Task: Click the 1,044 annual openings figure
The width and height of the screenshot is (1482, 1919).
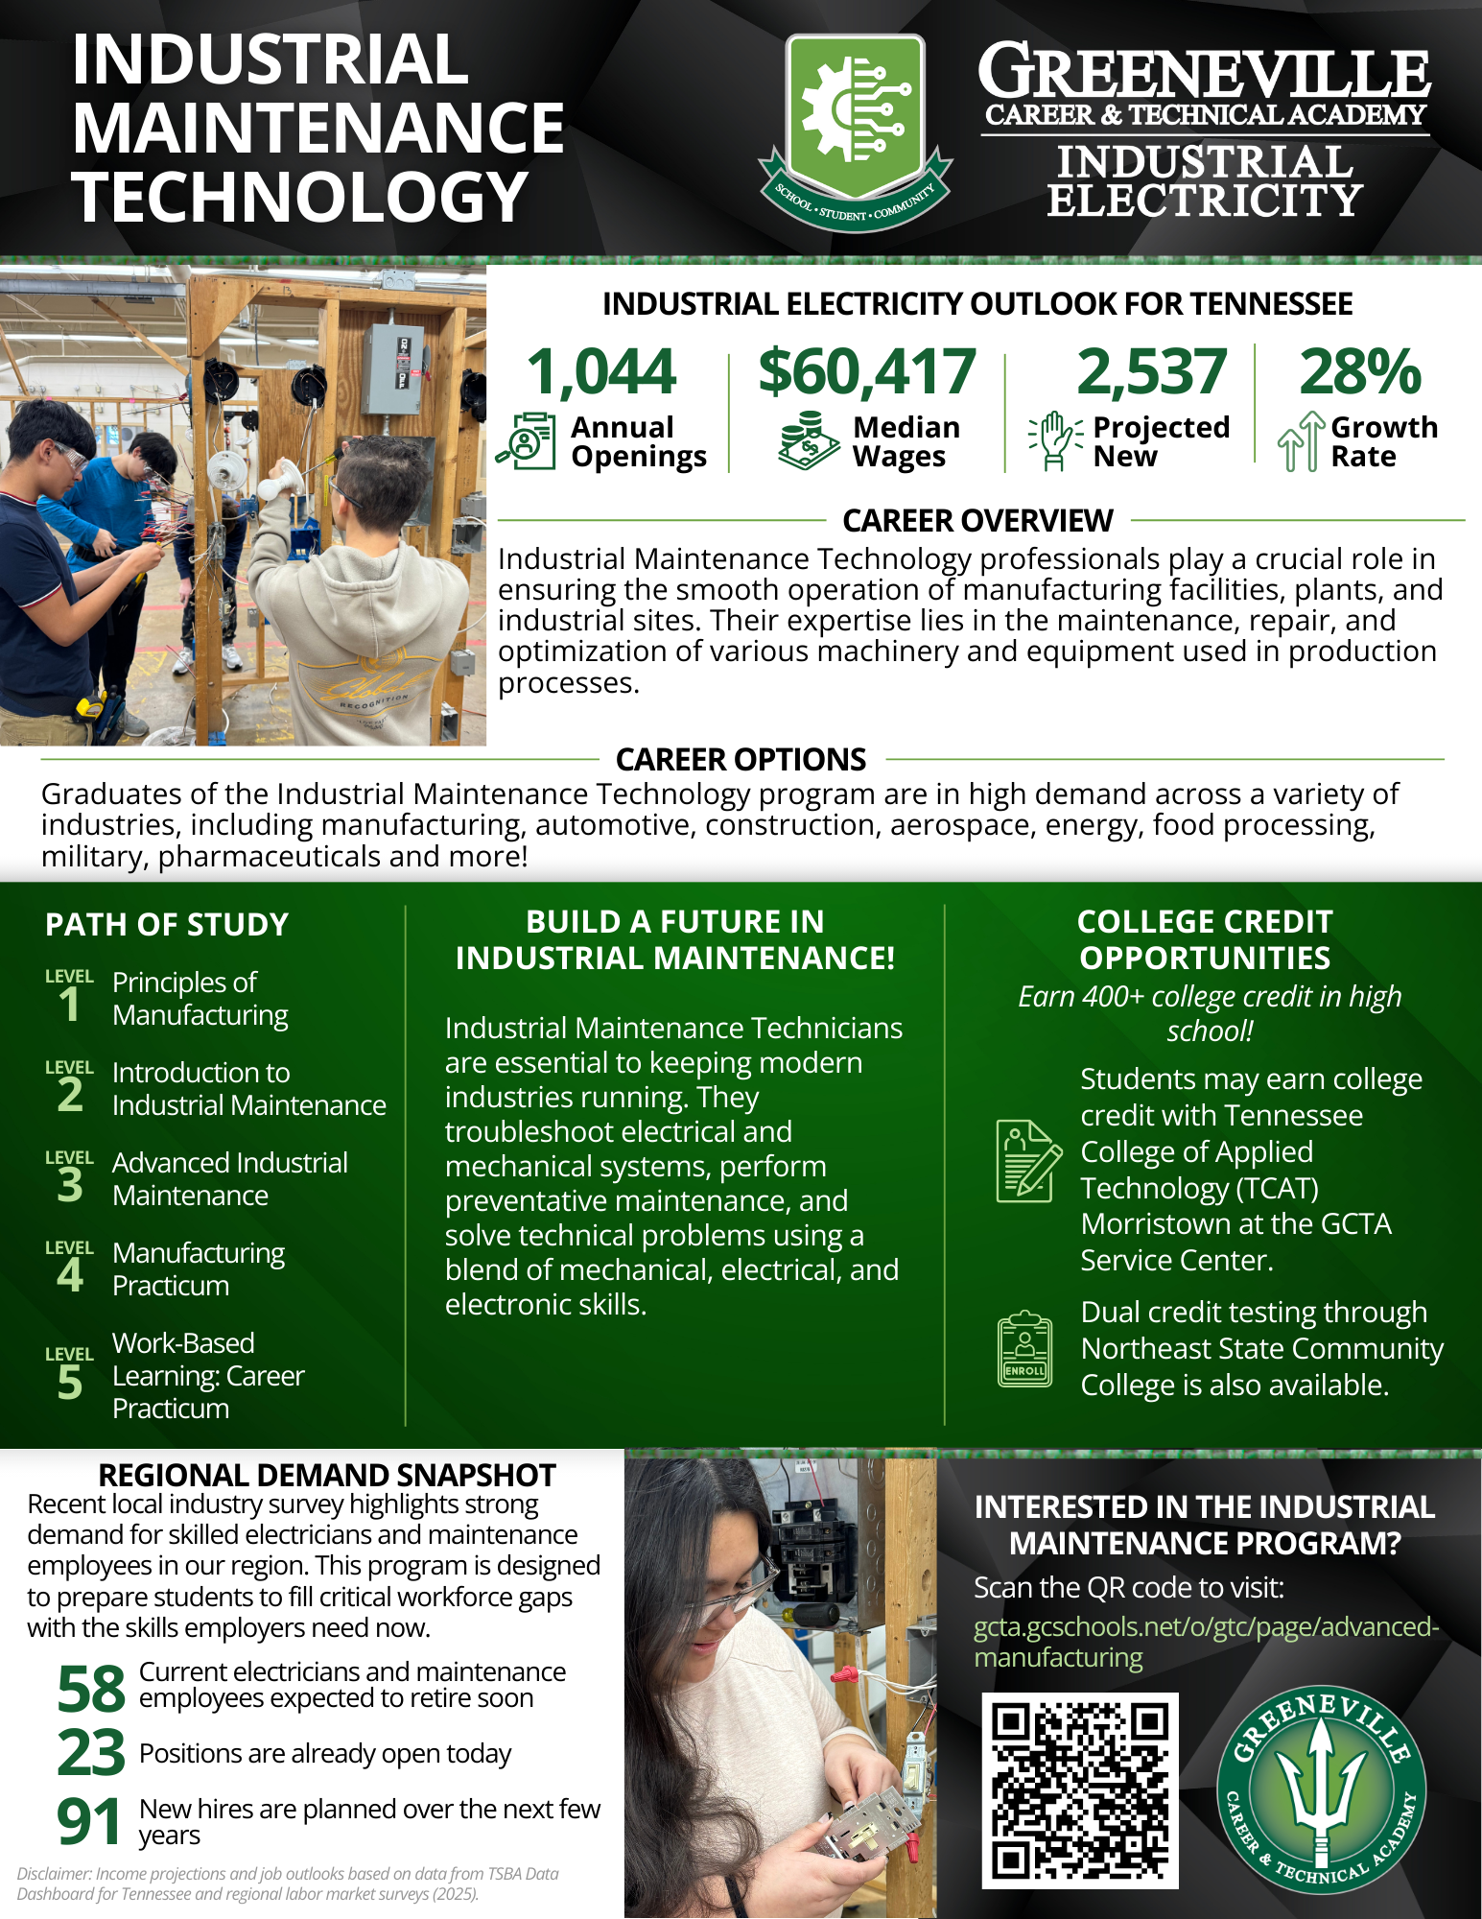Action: (601, 372)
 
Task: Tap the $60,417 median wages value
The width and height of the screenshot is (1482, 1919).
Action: (866, 372)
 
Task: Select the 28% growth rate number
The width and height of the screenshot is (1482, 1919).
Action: (1359, 372)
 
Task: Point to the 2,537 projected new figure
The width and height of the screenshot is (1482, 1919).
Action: (1151, 372)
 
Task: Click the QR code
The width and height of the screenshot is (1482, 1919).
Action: (1079, 1790)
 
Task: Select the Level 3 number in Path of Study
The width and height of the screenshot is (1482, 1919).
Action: (70, 1186)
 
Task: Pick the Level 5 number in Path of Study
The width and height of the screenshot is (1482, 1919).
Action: (70, 1383)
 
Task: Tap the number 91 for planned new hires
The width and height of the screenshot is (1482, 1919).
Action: (89, 1822)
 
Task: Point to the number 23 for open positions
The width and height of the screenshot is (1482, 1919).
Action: (91, 1753)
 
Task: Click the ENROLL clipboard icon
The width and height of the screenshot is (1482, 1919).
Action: (1024, 1350)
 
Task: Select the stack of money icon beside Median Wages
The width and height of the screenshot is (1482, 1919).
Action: (809, 440)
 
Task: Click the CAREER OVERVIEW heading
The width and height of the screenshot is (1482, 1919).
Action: (977, 521)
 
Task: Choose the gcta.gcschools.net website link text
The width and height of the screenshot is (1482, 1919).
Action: (1206, 1642)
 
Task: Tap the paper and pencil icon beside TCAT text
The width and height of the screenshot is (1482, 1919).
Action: (1027, 1161)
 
